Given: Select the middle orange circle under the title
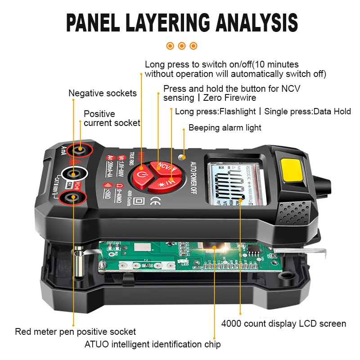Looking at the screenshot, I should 182,46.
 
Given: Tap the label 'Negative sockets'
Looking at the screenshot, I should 103,94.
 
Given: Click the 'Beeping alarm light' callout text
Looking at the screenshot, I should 225,128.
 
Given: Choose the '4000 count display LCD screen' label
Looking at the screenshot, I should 283,324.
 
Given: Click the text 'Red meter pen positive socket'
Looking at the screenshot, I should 75,332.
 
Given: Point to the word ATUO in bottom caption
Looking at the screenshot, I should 96,345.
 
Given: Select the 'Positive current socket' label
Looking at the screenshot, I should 112,118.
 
